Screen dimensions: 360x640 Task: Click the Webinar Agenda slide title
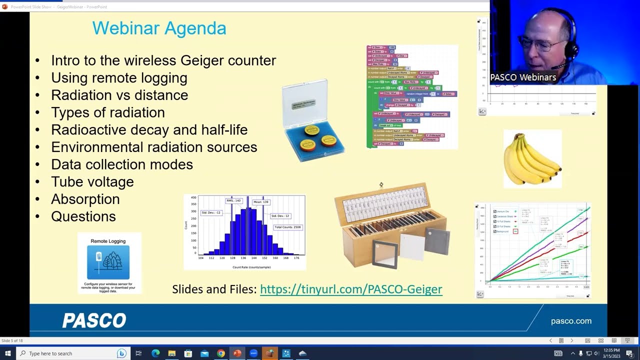click(x=159, y=28)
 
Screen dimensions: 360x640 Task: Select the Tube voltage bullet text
click(x=92, y=182)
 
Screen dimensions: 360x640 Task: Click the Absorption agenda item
click(x=85, y=199)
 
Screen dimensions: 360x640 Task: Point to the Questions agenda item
click(x=83, y=216)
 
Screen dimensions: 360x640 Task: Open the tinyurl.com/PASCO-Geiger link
click(x=351, y=289)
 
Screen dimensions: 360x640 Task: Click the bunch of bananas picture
click(x=532, y=159)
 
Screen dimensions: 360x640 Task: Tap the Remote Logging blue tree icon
click(x=108, y=262)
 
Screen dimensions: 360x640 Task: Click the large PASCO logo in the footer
click(x=94, y=320)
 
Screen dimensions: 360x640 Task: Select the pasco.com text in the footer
click(x=571, y=321)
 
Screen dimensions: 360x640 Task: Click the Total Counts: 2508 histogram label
click(x=287, y=227)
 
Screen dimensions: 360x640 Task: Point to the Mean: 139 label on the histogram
click(x=261, y=202)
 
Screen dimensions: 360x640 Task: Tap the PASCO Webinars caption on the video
click(x=523, y=77)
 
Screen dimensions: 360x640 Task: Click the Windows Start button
click(x=7, y=353)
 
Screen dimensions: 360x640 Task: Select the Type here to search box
click(x=70, y=353)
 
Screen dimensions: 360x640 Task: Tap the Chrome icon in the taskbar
click(x=221, y=353)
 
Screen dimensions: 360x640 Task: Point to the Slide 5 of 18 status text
click(x=12, y=340)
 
